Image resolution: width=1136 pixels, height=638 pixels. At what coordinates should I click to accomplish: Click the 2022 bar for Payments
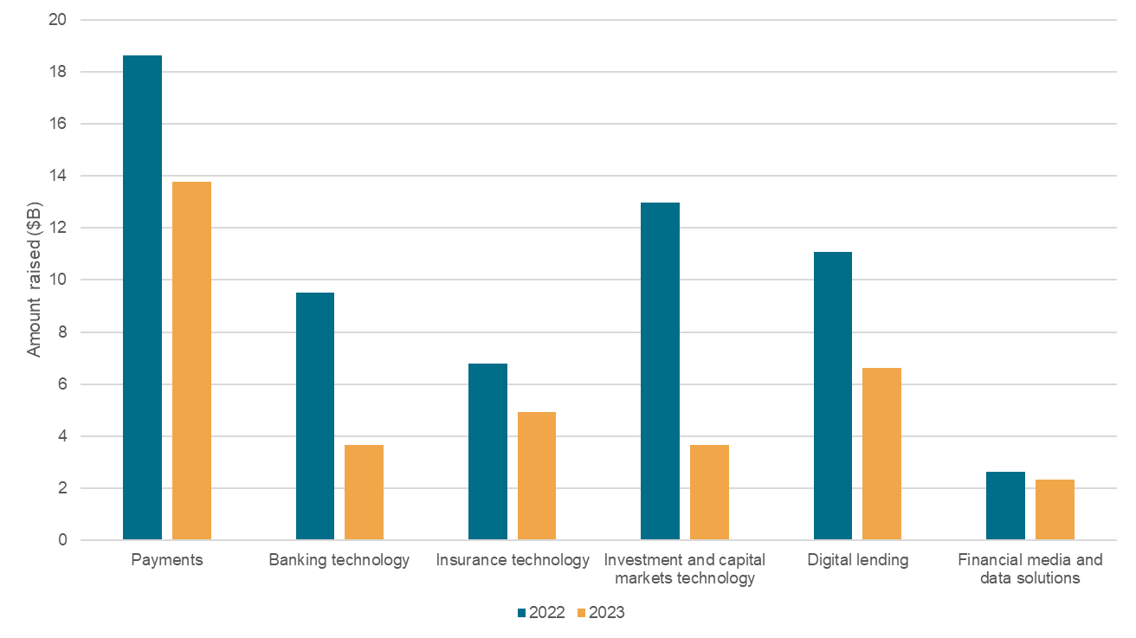click(x=142, y=298)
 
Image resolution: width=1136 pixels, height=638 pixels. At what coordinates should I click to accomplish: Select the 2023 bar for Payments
click(x=191, y=361)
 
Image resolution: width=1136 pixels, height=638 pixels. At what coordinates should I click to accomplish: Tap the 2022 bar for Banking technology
click(x=315, y=416)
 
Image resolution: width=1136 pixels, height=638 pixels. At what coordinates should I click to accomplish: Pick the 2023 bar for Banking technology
click(x=364, y=493)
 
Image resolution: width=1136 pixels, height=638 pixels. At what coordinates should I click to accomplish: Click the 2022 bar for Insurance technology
click(x=487, y=452)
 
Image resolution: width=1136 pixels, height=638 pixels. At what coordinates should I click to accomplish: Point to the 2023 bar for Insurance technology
click(x=537, y=476)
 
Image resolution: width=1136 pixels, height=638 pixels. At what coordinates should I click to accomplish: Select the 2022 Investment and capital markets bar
click(x=660, y=371)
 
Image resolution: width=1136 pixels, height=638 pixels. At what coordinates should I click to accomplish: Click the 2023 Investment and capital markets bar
click(x=709, y=493)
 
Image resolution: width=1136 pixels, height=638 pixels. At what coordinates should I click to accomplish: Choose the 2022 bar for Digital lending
click(x=833, y=396)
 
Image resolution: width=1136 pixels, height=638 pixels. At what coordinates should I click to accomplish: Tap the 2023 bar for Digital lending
click(x=881, y=454)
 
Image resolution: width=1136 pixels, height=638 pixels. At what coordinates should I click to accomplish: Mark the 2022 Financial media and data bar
click(x=1005, y=506)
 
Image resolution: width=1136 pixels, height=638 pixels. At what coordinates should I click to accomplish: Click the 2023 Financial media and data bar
click(x=1055, y=510)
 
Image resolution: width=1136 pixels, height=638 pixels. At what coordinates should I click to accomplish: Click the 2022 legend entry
click(x=541, y=613)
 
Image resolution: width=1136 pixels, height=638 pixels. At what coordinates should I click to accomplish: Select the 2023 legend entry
click(x=601, y=613)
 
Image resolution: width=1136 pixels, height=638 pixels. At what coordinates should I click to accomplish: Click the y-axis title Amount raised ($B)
click(x=35, y=280)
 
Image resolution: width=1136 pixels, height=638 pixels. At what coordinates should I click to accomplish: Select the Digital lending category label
click(x=857, y=560)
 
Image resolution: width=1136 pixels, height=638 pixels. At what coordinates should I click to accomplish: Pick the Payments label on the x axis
click(x=167, y=560)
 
